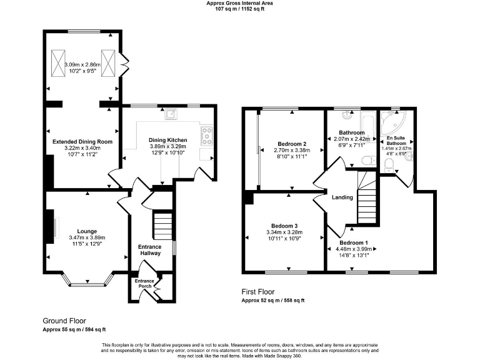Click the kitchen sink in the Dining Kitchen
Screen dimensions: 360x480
170,114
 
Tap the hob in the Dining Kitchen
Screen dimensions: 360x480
206,135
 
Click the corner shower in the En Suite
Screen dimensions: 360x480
396,121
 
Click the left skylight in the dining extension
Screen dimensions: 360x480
59,61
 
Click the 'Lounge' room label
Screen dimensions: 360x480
87,231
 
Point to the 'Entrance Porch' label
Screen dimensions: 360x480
145,284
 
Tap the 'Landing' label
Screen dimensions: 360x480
343,197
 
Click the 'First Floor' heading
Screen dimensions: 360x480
259,292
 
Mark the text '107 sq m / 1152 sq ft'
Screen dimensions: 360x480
240,9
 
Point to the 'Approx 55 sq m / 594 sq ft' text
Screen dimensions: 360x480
74,329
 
